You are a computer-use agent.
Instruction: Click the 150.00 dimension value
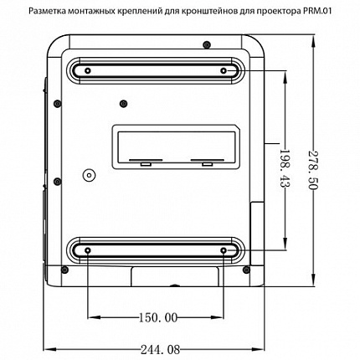point(157,317)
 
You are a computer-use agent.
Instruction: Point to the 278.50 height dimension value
point(313,172)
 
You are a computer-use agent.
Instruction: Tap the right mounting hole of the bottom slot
point(224,249)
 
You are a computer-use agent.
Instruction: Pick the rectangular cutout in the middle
point(177,144)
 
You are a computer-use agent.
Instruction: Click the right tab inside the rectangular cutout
point(203,161)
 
